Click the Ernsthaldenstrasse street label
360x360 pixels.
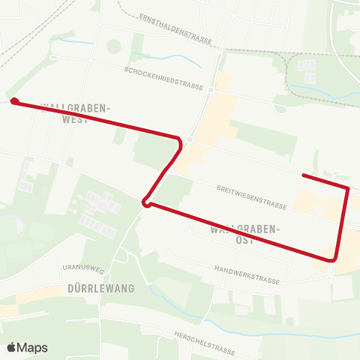click(175, 28)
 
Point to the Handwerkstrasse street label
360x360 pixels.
click(246, 274)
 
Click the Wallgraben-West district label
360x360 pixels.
click(76, 112)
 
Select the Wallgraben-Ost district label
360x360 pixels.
click(245, 234)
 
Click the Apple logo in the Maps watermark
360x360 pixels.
click(12, 347)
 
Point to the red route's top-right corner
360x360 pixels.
click(349, 187)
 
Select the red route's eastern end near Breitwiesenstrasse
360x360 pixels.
click(303, 175)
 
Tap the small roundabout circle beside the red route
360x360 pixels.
click(191, 140)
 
